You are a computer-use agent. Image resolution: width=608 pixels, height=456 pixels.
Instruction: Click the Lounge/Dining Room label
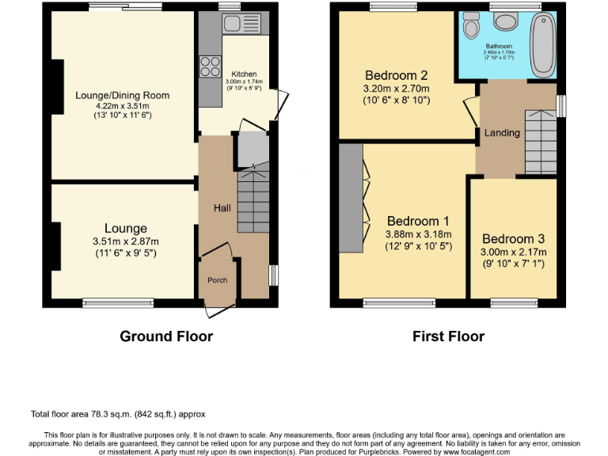122,96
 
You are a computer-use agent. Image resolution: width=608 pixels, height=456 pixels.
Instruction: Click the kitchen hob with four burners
211,66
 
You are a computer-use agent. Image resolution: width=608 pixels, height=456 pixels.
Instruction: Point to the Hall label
222,208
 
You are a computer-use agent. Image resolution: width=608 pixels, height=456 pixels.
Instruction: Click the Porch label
217,280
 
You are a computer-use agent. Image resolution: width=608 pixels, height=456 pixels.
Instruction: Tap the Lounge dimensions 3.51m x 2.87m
127,242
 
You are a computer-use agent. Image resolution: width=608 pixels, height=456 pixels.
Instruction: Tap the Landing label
502,133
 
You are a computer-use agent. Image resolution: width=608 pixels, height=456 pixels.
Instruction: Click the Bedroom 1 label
418,221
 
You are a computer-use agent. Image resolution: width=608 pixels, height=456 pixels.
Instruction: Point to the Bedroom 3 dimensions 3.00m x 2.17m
514,253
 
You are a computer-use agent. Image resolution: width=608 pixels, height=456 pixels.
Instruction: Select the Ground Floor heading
166,336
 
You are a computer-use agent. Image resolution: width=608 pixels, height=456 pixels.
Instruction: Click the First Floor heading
448,336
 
